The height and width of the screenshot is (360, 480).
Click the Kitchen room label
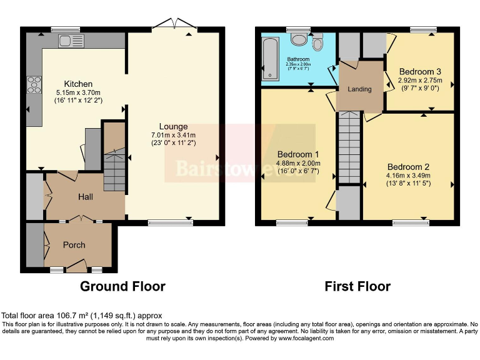(x=78, y=84)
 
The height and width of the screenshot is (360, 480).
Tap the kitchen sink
(x=66, y=41)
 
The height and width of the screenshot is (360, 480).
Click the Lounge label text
(x=173, y=126)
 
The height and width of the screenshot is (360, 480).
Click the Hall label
(x=86, y=197)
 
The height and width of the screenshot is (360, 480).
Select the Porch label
(x=74, y=244)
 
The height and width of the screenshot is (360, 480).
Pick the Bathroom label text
(x=298, y=59)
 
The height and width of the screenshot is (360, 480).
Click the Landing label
(x=359, y=89)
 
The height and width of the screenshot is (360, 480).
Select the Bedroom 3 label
(x=420, y=71)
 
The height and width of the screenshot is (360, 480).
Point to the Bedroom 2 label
(x=408, y=167)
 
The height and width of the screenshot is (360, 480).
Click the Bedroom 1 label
(x=298, y=154)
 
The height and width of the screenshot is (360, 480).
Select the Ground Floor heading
(x=122, y=286)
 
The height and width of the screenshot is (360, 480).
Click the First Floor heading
(x=357, y=286)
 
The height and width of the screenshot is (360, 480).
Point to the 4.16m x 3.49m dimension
(x=408, y=176)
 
